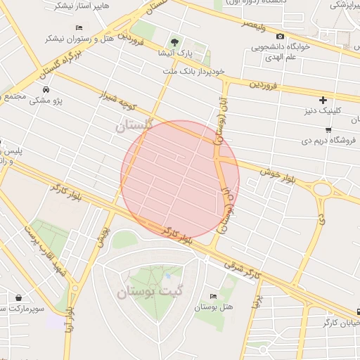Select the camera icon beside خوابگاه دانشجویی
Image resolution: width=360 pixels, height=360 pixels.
point(281,37)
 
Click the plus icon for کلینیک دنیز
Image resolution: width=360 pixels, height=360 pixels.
point(323,101)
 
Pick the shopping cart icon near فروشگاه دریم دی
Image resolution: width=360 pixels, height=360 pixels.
point(328,130)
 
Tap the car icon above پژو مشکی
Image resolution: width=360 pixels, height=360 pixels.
point(46,90)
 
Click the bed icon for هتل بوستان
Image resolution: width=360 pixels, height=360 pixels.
point(213,297)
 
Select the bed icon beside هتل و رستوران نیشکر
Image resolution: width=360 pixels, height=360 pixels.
point(79,27)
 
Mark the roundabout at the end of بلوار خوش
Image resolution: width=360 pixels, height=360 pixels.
point(323,189)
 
